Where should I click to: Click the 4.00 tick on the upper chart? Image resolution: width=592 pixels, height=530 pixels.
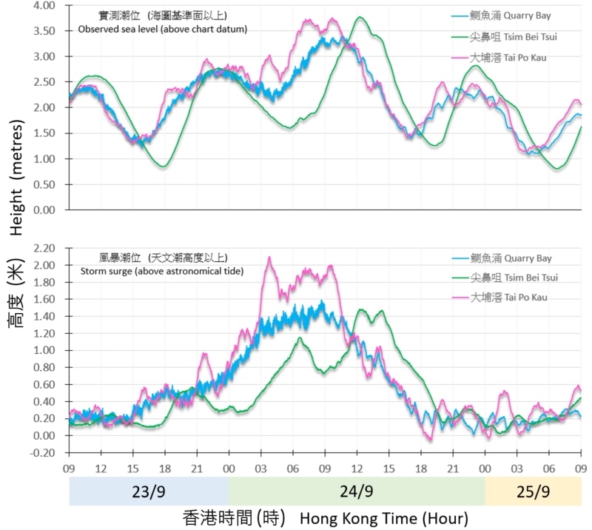click(x=46, y=6)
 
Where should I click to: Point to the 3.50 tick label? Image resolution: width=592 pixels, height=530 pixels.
click(x=46, y=31)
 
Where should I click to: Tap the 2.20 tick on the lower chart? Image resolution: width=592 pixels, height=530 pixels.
click(x=46, y=248)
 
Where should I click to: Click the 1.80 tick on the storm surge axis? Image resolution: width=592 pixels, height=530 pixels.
click(x=46, y=282)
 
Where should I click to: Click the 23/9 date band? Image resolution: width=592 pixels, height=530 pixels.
click(x=149, y=492)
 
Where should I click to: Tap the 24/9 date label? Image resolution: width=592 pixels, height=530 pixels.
click(x=357, y=492)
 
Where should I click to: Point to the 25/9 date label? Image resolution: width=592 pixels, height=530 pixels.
click(x=533, y=492)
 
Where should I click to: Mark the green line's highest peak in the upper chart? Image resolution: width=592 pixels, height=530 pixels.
click(x=360, y=17)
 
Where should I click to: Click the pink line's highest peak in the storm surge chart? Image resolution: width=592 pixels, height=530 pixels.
click(x=269, y=257)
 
